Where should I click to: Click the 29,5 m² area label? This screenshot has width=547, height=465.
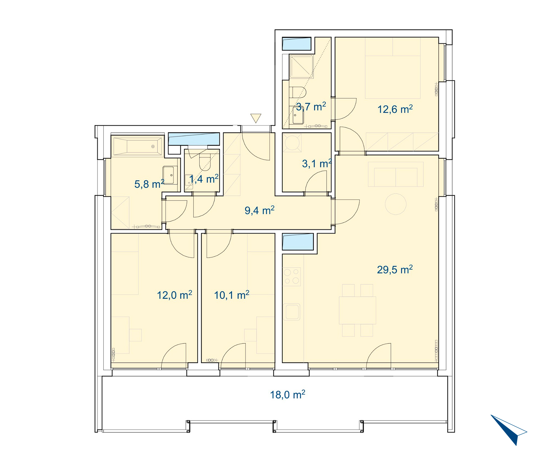click(x=395, y=270)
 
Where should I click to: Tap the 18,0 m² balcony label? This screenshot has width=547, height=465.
click(x=287, y=395)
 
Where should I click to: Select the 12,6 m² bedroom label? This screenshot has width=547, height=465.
click(x=395, y=109)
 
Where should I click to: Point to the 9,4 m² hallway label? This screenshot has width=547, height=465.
click(x=259, y=210)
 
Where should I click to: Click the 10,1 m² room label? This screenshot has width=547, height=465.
click(x=231, y=295)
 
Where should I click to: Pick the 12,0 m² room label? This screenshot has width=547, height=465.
click(x=174, y=295)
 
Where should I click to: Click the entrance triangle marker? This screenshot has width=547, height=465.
click(x=256, y=118)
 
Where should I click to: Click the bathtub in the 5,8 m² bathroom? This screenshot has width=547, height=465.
click(x=138, y=146)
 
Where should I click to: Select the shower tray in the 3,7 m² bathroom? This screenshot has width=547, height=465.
click(x=301, y=67)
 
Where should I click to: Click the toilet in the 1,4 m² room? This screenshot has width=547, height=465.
click(x=205, y=162)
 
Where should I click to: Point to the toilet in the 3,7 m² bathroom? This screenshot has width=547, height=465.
click(x=298, y=92)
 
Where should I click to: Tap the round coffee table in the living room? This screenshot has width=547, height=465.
click(x=395, y=204)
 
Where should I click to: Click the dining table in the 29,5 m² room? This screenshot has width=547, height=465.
click(x=357, y=310)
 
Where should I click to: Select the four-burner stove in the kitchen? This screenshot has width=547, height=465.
click(x=292, y=277)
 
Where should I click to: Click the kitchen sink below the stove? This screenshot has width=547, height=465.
click(x=292, y=312)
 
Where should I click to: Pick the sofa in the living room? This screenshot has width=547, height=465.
click(x=395, y=174)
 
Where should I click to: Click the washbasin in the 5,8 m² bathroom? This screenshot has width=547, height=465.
click(x=170, y=175)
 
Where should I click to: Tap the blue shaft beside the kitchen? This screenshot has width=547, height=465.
click(x=298, y=242)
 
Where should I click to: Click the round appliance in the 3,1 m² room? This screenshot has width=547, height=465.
click(x=292, y=143)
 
